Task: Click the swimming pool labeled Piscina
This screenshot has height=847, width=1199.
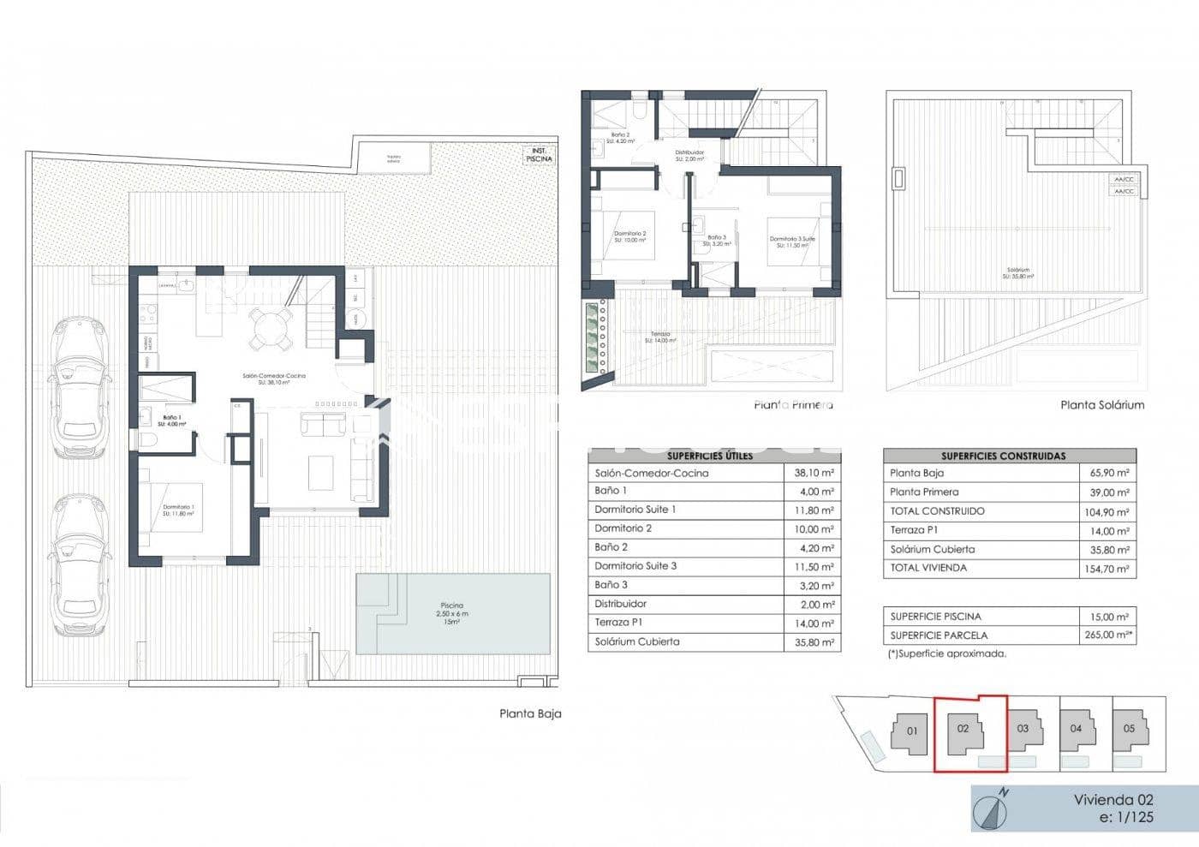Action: (452, 613)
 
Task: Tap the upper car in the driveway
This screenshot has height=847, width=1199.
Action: (79, 388)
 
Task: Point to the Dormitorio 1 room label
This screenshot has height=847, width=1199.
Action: (178, 511)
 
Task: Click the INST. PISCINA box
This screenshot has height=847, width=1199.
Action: (539, 155)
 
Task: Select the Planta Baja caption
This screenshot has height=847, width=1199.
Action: (530, 713)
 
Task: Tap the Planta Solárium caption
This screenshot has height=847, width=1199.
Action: (1101, 405)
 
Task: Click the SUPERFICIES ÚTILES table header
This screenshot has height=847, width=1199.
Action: (710, 456)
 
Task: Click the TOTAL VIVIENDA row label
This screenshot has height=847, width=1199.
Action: (928, 568)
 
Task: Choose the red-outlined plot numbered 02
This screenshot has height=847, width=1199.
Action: (968, 732)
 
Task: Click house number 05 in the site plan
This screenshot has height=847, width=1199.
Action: (1129, 729)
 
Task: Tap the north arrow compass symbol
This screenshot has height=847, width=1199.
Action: (993, 809)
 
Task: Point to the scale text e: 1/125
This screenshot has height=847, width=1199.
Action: (1125, 818)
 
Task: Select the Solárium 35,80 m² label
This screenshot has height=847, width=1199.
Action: (1019, 273)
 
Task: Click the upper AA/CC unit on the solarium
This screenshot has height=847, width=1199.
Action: (1123, 179)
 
